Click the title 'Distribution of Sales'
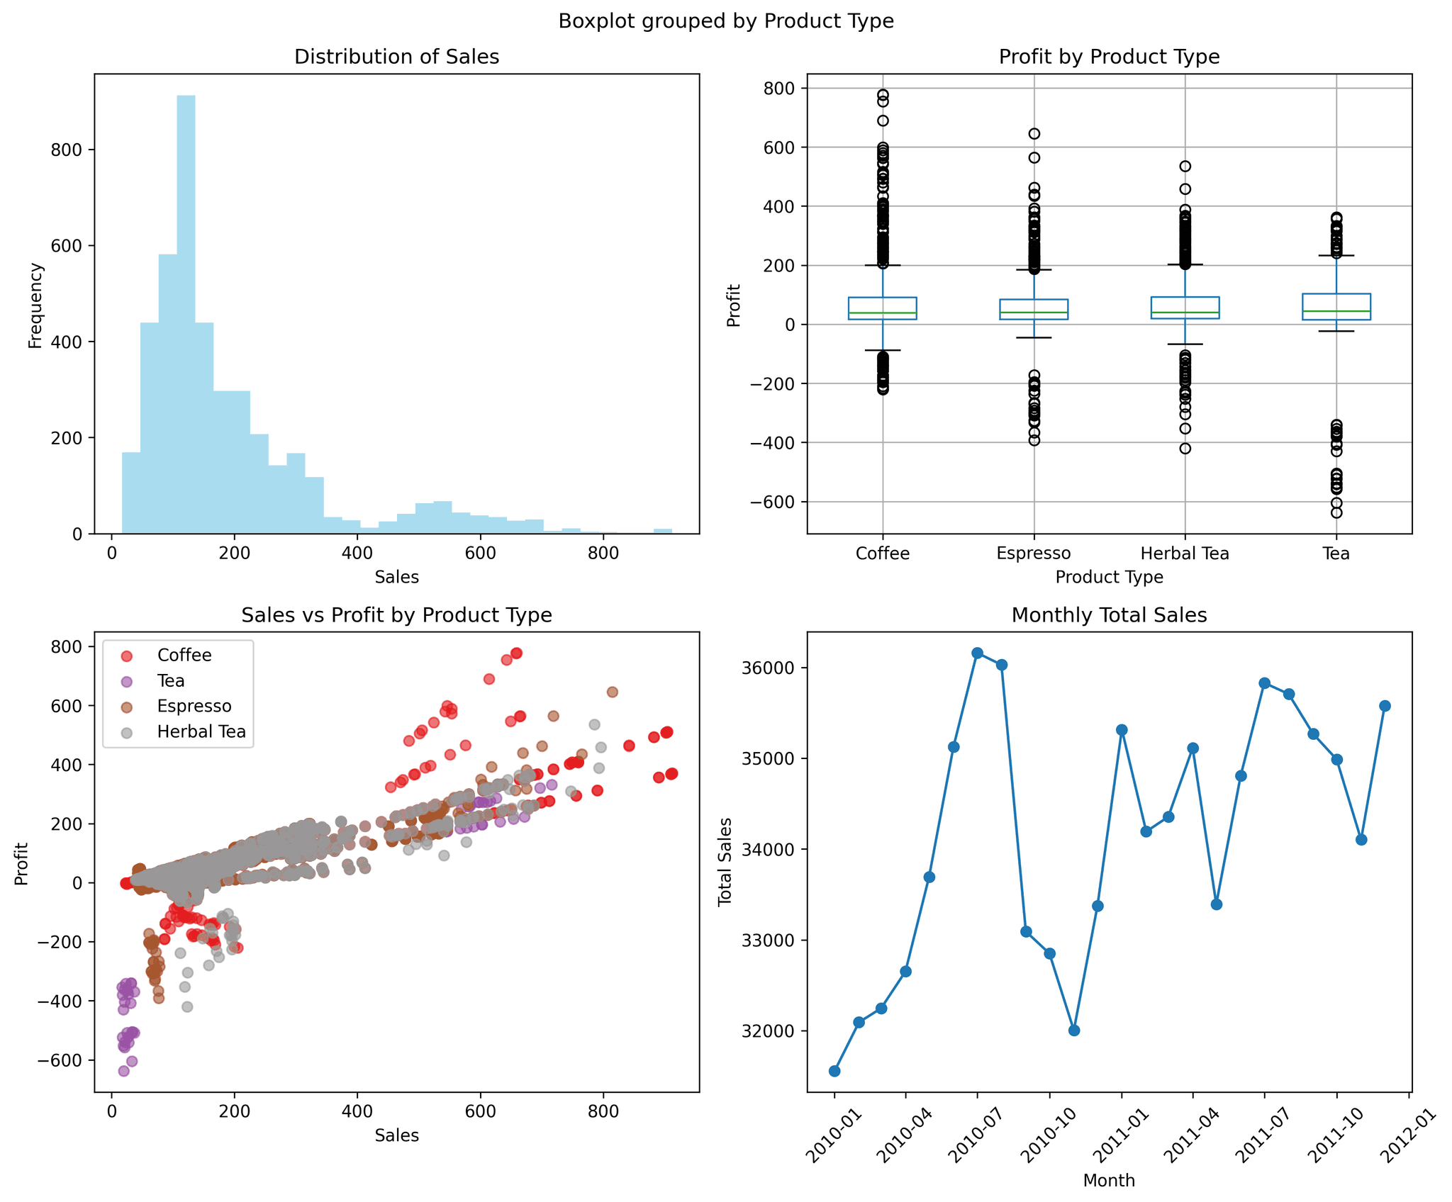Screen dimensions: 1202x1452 click(396, 57)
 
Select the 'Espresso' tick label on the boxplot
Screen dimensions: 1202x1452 click(1033, 554)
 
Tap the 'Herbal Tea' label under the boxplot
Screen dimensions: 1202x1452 click(1184, 554)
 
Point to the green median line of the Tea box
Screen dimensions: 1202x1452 click(1336, 311)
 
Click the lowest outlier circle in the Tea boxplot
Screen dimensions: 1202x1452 click(1336, 512)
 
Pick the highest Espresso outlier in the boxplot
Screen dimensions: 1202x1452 click(1034, 133)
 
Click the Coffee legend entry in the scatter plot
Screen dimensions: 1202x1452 click(184, 656)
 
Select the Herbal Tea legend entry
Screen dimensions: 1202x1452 click(201, 732)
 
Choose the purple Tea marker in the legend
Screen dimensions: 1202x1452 click(127, 681)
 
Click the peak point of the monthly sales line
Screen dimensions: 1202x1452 click(977, 653)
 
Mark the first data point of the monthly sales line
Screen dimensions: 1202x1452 click(834, 1071)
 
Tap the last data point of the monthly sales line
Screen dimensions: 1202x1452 click(1385, 706)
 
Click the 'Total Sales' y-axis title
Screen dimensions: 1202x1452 click(725, 861)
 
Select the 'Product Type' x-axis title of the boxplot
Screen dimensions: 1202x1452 click(1109, 577)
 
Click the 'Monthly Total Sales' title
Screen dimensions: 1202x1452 click(1109, 615)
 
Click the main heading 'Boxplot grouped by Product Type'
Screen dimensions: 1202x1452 click(726, 21)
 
